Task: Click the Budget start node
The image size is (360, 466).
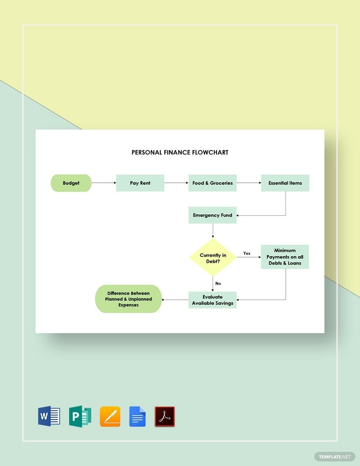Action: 71,183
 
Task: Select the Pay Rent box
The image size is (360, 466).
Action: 140,183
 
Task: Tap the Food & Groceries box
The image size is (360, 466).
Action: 212,183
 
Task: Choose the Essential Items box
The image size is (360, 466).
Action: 285,183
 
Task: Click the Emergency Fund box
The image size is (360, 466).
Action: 212,215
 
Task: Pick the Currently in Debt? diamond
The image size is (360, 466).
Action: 213,258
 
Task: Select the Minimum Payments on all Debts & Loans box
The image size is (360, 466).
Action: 285,257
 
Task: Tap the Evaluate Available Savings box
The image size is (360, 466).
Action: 212,300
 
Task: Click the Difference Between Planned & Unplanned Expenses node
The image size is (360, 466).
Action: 128,299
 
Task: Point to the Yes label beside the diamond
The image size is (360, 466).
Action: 247,253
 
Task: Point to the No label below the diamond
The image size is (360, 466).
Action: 218,283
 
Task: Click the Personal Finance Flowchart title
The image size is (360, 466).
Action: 180,152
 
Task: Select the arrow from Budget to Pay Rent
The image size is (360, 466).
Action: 104,183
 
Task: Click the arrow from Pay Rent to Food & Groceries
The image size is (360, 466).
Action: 176,183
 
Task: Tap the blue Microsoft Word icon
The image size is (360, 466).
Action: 49,417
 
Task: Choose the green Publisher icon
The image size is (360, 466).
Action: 80,417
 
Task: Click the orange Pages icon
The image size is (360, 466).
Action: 110,417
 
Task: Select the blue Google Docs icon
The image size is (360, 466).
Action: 137,417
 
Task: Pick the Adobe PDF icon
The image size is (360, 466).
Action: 164,417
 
